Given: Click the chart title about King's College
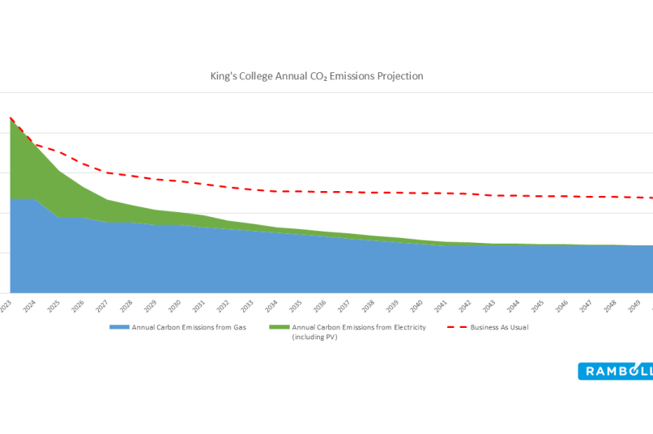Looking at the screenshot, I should [316, 76].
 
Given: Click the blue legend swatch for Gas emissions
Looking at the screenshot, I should [119, 328].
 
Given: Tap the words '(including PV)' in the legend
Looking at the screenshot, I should [314, 337].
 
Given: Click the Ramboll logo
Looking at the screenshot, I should [615, 371].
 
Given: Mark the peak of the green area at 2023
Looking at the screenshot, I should [11, 119].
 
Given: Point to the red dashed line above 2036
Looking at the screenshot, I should [320, 192].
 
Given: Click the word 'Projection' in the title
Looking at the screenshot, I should [397, 76].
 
